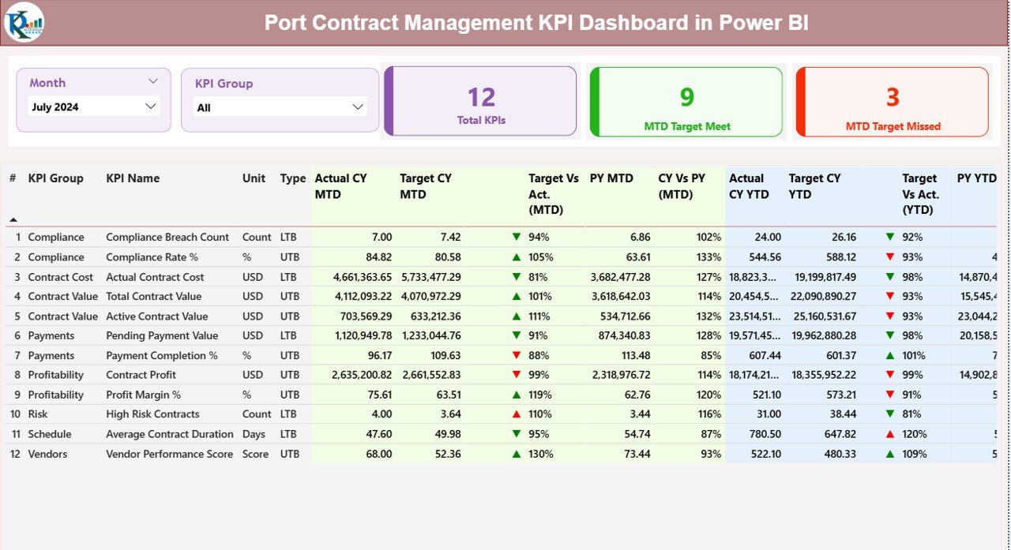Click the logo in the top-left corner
point(24,22)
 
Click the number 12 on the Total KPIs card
point(481,97)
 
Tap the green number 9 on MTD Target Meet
point(687,97)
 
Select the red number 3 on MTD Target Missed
point(893,97)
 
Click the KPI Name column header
point(133,178)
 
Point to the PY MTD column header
point(611,178)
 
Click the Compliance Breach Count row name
point(167,237)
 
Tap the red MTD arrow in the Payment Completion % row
point(517,356)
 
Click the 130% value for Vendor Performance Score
point(541,454)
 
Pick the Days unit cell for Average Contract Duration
point(254,434)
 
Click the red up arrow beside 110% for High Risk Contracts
point(517,414)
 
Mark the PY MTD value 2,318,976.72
point(620,375)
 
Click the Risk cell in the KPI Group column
point(39,414)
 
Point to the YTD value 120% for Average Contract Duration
point(915,434)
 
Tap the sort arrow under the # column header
point(13,219)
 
